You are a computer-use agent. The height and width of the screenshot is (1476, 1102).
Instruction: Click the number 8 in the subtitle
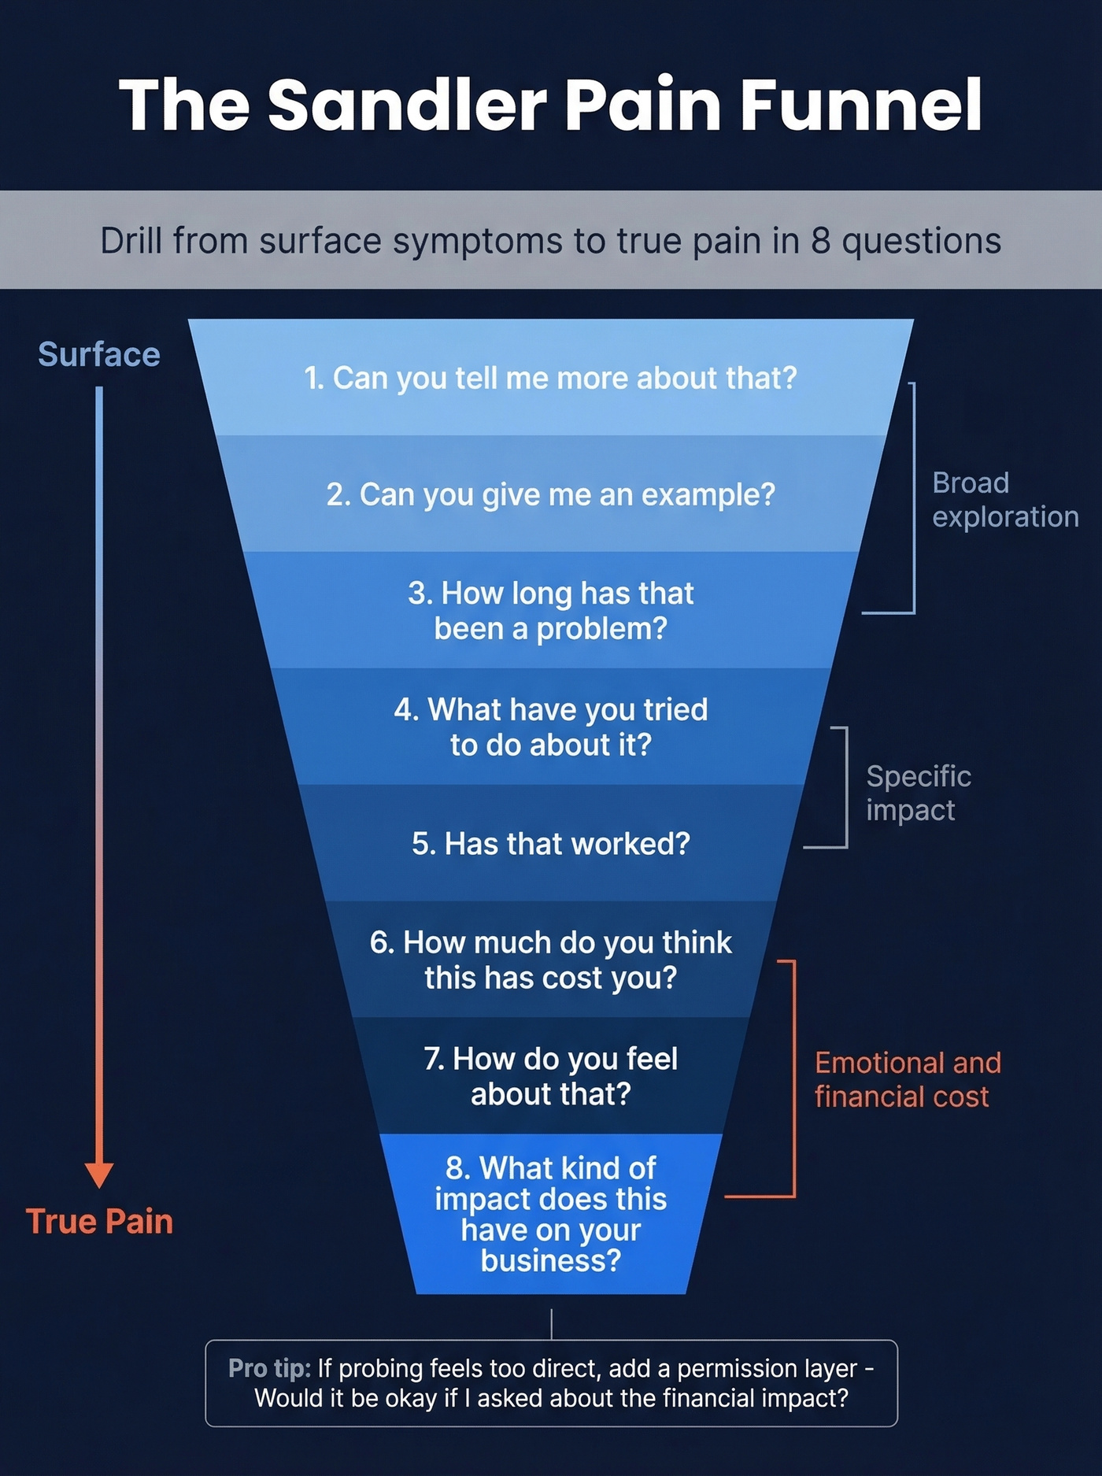pyautogui.click(x=821, y=241)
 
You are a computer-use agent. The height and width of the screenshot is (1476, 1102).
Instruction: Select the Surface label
pyautogui.click(x=99, y=354)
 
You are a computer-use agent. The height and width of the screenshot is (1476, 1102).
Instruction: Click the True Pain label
pyautogui.click(x=99, y=1221)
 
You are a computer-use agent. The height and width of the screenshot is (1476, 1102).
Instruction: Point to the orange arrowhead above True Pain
pyautogui.click(x=99, y=1174)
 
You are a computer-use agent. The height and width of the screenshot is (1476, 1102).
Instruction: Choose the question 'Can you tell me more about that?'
pyautogui.click(x=551, y=378)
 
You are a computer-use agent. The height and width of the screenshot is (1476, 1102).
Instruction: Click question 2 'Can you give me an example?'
pyautogui.click(x=551, y=494)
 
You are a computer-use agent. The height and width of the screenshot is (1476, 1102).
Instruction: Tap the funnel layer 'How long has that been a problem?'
pyautogui.click(x=551, y=611)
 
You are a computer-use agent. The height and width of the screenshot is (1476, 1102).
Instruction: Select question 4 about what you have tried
pyautogui.click(x=551, y=727)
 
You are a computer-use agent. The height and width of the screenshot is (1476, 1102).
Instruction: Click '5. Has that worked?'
pyautogui.click(x=551, y=844)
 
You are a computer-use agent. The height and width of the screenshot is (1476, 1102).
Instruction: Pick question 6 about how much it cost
pyautogui.click(x=551, y=960)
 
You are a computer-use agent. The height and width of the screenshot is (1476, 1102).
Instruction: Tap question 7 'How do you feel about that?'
pyautogui.click(x=551, y=1076)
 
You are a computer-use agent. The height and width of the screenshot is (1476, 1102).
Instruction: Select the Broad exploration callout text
pyautogui.click(x=1004, y=500)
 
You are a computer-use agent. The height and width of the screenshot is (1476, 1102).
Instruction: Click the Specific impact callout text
pyautogui.click(x=918, y=793)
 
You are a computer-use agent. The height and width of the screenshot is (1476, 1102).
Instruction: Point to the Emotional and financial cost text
pyautogui.click(x=907, y=1079)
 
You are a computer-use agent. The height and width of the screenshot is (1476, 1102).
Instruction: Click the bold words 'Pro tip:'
pyautogui.click(x=269, y=1368)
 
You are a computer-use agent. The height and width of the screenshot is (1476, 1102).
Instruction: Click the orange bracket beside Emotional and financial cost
pyautogui.click(x=793, y=1078)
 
